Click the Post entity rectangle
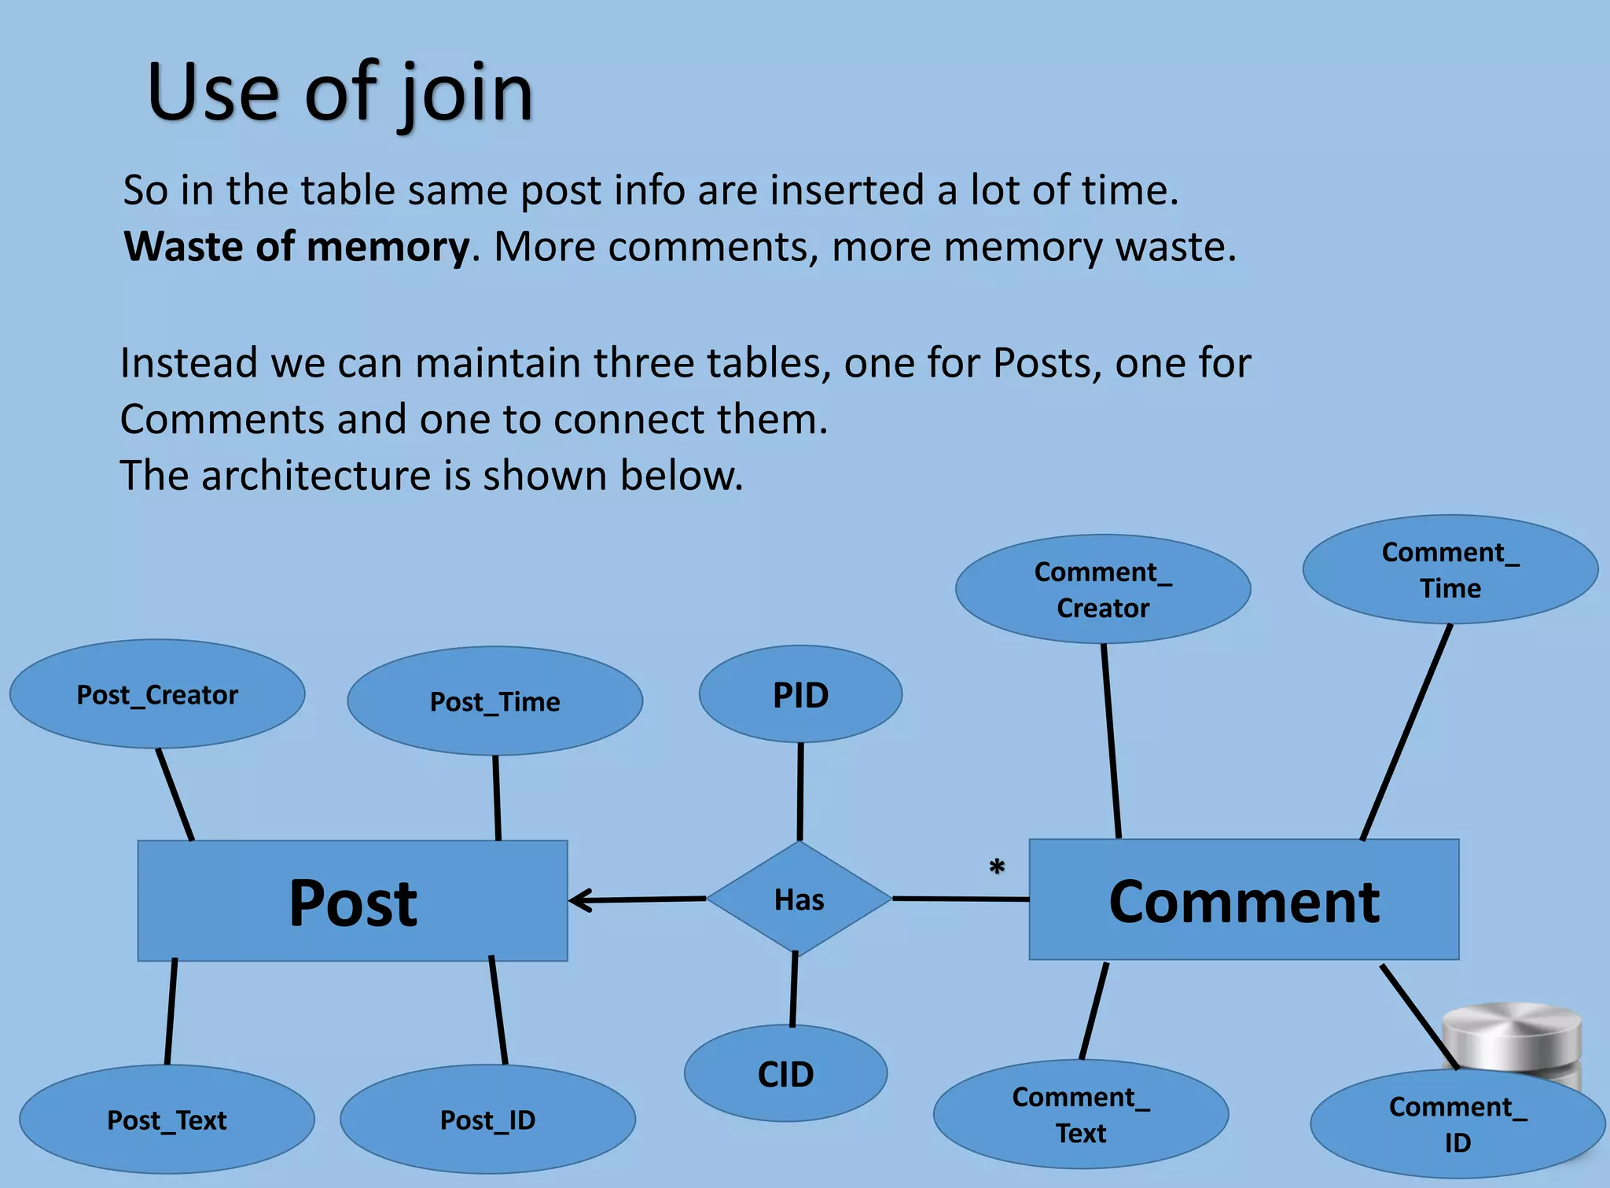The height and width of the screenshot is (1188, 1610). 352,900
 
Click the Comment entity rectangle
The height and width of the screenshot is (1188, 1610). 1244,899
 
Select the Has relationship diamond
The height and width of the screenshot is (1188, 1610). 799,899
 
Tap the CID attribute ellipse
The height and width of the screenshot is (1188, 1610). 785,1074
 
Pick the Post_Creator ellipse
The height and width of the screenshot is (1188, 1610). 157,694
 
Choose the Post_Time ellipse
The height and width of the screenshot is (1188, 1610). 494,701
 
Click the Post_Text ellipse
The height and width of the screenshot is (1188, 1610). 167,1120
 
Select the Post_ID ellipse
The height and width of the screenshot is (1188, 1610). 487,1120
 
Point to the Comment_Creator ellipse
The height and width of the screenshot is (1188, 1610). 1102,590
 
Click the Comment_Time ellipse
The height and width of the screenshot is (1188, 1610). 1450,570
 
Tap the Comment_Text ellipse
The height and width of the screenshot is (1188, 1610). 1080,1115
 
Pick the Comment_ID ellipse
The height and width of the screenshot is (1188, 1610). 1457,1124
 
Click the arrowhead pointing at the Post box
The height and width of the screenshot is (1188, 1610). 579,900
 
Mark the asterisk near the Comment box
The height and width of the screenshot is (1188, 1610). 997,868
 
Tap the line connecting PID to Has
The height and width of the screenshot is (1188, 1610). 800,791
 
